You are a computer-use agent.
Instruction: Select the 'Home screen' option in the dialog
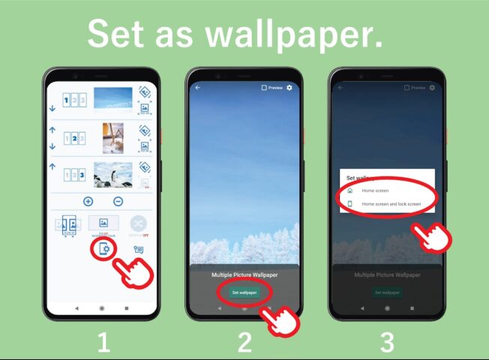coord(375,190)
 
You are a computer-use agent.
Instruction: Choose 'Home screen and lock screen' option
coord(390,203)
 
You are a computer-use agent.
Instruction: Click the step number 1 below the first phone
coord(103,343)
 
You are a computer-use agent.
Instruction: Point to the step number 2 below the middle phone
coord(244,343)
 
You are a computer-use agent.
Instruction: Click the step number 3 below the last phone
coord(386,343)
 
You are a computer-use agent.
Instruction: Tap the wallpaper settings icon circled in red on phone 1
coord(103,250)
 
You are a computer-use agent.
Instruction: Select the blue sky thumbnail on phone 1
coord(113,99)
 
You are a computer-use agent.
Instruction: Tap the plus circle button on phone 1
coord(88,201)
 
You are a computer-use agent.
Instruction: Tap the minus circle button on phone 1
coord(118,201)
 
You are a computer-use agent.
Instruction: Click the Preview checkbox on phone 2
coord(264,88)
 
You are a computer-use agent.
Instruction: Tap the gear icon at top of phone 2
coord(289,88)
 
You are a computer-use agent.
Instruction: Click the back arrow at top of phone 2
coord(198,88)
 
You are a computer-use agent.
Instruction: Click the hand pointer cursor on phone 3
coord(433,238)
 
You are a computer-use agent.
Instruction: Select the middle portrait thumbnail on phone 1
coord(113,136)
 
